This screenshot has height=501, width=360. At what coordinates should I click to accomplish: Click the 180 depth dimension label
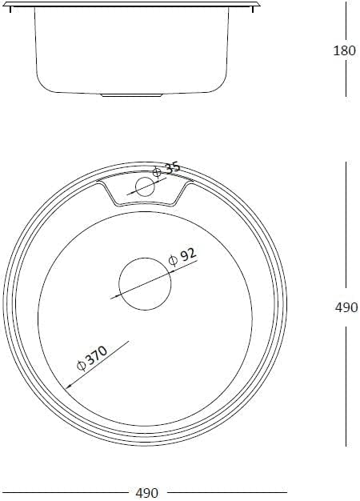(x=344, y=50)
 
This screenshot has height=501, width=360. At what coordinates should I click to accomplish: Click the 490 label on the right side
(x=346, y=307)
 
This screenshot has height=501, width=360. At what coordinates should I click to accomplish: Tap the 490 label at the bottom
(x=147, y=493)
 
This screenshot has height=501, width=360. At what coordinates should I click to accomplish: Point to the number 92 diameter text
(x=187, y=255)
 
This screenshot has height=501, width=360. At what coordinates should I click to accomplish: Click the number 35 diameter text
(x=173, y=168)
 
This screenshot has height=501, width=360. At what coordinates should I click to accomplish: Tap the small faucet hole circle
(x=145, y=186)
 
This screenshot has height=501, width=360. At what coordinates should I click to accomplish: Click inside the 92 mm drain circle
(x=145, y=284)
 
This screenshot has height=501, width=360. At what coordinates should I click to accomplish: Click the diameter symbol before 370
(x=82, y=366)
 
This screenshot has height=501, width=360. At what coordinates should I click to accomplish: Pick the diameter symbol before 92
(x=173, y=261)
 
